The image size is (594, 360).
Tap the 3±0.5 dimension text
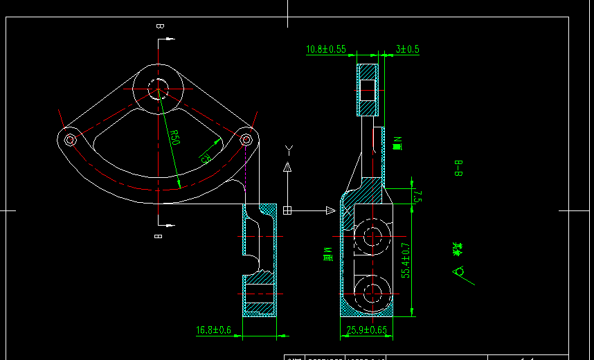tap(408, 49)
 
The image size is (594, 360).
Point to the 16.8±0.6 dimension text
tap(213, 330)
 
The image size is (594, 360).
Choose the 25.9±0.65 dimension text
tap(367, 330)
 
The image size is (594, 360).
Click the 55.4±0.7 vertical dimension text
tap(406, 260)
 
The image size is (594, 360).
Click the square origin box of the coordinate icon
tap(287, 210)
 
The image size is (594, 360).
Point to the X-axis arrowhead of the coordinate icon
tap(330, 210)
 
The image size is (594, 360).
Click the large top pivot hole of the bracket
tap(157, 88)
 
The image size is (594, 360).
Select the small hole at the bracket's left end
tap(70, 139)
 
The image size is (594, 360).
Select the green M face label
tap(328, 254)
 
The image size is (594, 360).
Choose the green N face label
tap(397, 143)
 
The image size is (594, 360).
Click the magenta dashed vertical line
tap(246, 170)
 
